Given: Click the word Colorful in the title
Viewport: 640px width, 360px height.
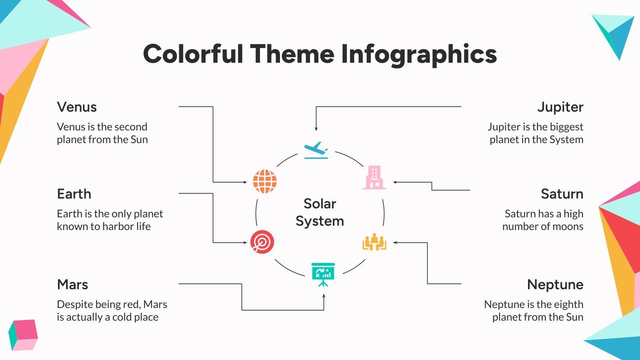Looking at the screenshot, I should pyautogui.click(x=193, y=54).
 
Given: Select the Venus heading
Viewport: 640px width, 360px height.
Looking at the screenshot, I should pyautogui.click(x=77, y=107).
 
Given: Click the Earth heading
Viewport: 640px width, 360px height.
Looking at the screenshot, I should pyautogui.click(x=74, y=194).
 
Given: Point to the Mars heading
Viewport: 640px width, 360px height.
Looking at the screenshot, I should pyautogui.click(x=72, y=285).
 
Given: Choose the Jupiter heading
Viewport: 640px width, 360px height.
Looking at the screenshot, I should pyautogui.click(x=560, y=107).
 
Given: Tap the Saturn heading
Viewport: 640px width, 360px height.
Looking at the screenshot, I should pyautogui.click(x=562, y=194).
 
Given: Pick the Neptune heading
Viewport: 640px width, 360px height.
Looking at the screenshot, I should pyautogui.click(x=555, y=285).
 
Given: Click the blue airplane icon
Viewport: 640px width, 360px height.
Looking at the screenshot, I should pyautogui.click(x=316, y=150).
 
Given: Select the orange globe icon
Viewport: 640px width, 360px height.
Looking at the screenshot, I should pyautogui.click(x=264, y=182).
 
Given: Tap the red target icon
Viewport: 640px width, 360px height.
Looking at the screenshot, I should pyautogui.click(x=262, y=242).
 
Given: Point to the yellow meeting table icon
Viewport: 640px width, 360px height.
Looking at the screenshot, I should pyautogui.click(x=374, y=242).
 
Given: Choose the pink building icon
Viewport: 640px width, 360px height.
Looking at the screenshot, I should pyautogui.click(x=374, y=178).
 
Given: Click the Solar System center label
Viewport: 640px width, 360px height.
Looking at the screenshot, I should pyautogui.click(x=320, y=212).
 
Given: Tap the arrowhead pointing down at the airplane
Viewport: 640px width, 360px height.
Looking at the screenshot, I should pyautogui.click(x=316, y=128).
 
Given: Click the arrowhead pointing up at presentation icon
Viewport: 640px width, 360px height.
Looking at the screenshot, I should pyautogui.click(x=324, y=296).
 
